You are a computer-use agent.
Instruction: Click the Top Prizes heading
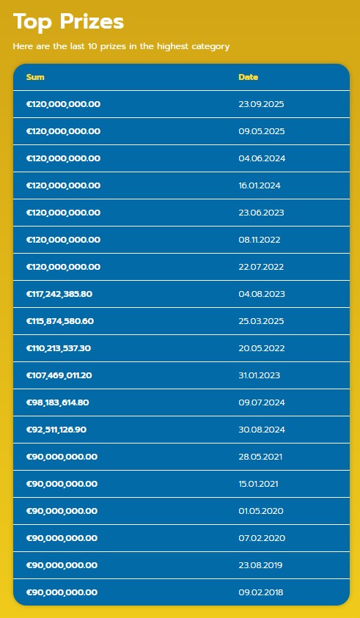point(68,21)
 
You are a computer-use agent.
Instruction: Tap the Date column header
point(248,77)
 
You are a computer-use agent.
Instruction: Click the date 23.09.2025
point(261,104)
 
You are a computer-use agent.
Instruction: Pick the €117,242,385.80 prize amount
point(59,294)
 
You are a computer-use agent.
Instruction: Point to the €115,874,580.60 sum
point(60,321)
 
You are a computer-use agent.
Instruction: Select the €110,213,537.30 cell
point(59,348)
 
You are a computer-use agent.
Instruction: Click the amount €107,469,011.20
point(59,375)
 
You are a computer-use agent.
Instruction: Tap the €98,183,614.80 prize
point(57,402)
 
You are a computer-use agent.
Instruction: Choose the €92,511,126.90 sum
point(56,430)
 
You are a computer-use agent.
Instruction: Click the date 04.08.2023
point(261,294)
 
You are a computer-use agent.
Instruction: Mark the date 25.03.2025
point(261,321)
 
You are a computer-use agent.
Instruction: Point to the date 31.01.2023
point(260,375)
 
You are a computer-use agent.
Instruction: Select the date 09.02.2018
point(261,592)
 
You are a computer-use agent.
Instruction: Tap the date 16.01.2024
point(260,185)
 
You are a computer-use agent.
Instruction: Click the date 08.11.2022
point(260,240)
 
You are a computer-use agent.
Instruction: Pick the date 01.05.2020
point(261,511)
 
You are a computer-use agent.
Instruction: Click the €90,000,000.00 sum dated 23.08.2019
point(62,565)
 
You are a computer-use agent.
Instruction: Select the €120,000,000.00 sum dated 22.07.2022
point(63,267)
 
